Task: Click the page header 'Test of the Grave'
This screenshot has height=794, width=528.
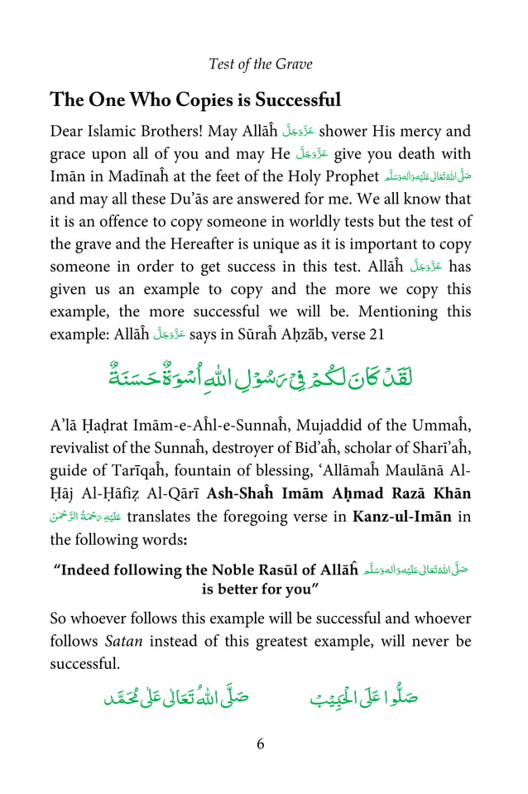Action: pos(261,64)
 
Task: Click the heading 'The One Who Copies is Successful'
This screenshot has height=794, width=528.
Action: pos(195,101)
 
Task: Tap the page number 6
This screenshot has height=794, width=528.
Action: pos(261,743)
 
